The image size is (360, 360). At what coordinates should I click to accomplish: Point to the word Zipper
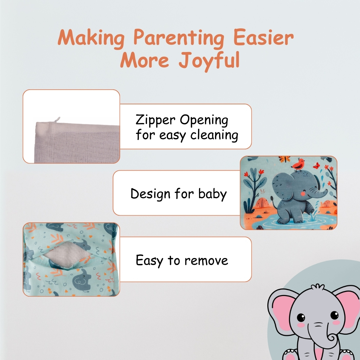(155, 121)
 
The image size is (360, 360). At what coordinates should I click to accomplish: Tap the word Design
(150, 194)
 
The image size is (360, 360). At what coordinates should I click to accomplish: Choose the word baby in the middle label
(212, 194)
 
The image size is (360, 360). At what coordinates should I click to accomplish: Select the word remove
(206, 261)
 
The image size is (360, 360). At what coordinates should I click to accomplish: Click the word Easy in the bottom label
(149, 261)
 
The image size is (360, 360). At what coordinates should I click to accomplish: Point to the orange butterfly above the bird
(284, 159)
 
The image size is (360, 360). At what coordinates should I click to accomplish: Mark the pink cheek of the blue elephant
(303, 194)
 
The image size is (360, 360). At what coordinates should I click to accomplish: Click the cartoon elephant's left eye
(301, 318)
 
